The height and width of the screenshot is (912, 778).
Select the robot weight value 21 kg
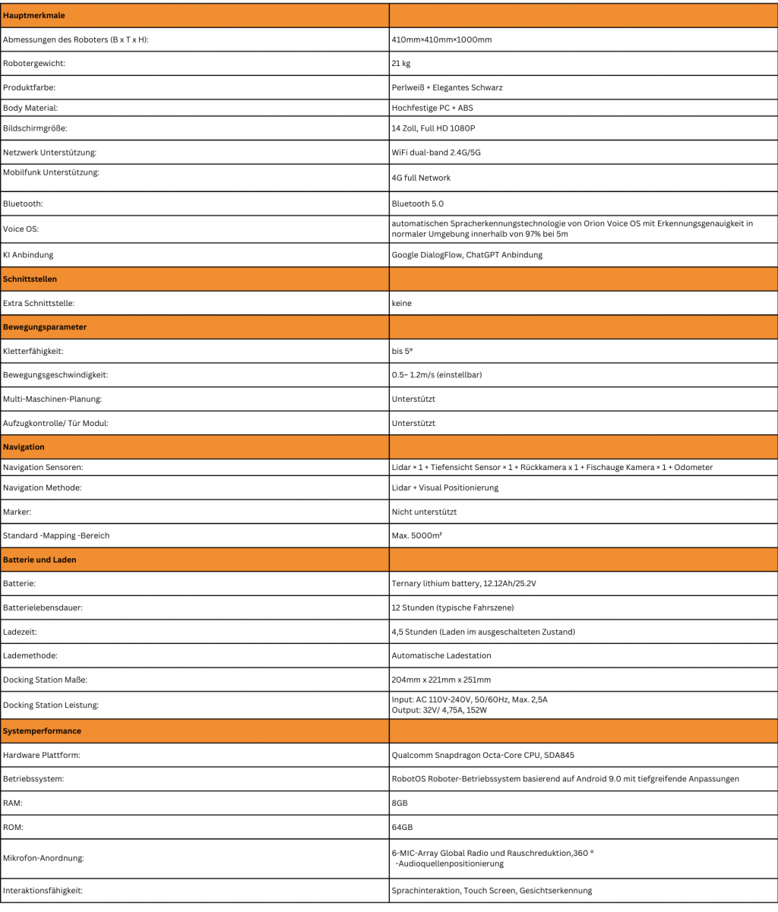click(x=401, y=64)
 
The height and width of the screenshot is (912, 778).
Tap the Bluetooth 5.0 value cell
click(x=417, y=204)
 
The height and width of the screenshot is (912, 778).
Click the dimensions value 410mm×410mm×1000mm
click(x=441, y=39)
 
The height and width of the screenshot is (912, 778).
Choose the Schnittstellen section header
click(x=30, y=279)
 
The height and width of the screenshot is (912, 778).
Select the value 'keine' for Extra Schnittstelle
click(x=401, y=303)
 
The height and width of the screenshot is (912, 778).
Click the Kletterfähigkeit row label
click(x=33, y=352)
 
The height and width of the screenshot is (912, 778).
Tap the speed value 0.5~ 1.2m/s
click(x=437, y=375)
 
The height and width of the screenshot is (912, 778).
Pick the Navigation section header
click(x=24, y=447)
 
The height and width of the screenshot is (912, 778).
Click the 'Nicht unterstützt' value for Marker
click(x=424, y=512)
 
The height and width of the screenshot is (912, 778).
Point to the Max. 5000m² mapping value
click(x=417, y=535)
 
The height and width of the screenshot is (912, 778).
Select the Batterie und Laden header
click(x=40, y=560)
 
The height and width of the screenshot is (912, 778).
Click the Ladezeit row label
click(x=20, y=632)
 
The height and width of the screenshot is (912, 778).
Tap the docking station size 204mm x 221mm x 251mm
click(x=441, y=680)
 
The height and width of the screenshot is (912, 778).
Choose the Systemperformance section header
click(x=42, y=731)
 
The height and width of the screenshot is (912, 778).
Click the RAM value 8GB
click(x=400, y=803)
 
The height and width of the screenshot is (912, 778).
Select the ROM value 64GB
click(x=402, y=827)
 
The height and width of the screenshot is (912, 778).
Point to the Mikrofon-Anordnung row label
click(x=43, y=858)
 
